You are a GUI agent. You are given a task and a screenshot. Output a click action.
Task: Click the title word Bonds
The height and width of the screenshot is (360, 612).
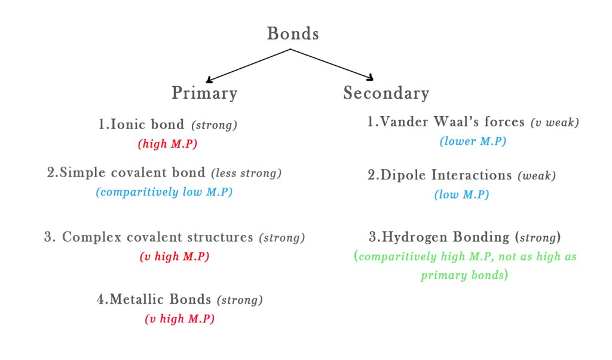click(x=292, y=33)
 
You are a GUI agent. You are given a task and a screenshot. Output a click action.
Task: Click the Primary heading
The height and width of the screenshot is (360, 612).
click(x=204, y=93)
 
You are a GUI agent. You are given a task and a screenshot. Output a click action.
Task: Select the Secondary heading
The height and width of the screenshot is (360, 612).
click(x=386, y=93)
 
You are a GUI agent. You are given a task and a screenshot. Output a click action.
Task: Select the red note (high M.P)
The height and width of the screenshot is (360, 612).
click(x=167, y=144)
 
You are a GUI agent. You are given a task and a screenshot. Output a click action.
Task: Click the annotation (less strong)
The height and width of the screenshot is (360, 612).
click(x=246, y=173)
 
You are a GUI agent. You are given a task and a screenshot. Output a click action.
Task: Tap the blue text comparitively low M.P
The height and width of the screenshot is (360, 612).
click(x=164, y=193)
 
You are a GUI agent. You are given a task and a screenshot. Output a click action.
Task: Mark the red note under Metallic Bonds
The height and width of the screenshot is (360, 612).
click(x=179, y=319)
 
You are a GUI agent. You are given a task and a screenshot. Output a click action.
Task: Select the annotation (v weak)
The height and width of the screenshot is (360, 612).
click(x=555, y=123)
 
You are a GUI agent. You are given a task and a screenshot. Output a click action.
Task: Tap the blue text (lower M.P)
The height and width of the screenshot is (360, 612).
click(x=473, y=142)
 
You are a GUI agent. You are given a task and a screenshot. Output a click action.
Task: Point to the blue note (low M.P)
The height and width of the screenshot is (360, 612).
click(x=462, y=195)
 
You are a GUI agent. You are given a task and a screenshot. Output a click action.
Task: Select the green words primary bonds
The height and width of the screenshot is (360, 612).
click(x=464, y=276)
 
